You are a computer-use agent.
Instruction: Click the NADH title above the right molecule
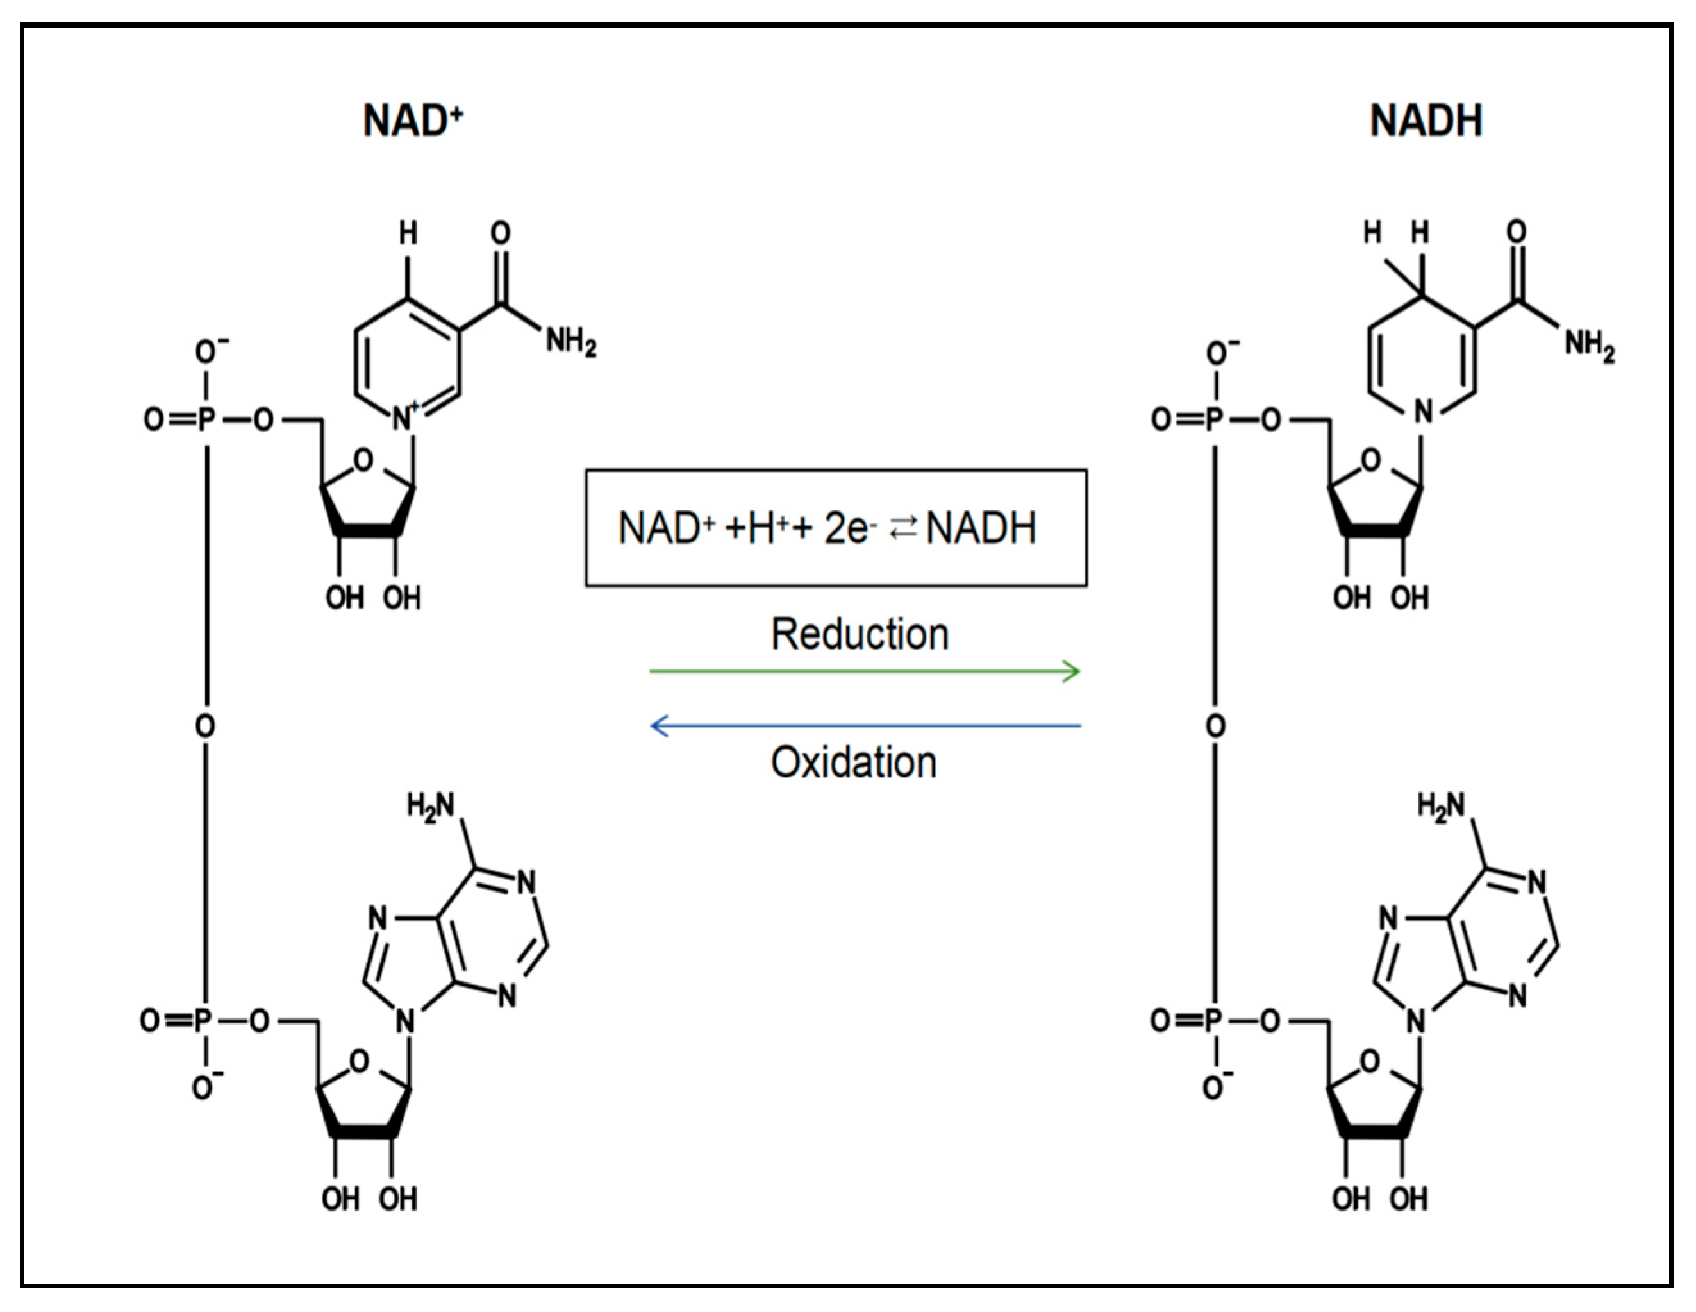pos(1426,121)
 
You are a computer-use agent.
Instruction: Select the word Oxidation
pos(853,763)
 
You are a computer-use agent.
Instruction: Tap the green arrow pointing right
pos(864,671)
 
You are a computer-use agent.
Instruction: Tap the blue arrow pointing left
pos(864,727)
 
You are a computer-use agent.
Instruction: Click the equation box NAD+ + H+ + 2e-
pos(836,528)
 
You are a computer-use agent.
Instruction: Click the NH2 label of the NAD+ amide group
pos(570,341)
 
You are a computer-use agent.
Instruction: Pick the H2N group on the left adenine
pos(430,806)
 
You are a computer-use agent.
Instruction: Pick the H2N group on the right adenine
pos(1440,806)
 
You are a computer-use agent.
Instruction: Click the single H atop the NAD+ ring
pos(408,232)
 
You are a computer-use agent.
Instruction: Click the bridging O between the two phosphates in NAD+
pos(205,727)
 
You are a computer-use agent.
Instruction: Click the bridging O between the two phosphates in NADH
pos(1215,727)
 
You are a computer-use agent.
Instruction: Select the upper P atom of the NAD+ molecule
pos(206,420)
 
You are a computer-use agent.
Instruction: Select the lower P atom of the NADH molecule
pos(1213,1020)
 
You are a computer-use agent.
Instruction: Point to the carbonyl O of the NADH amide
pos(1516,231)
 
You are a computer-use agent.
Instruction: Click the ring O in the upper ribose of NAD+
pos(363,460)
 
